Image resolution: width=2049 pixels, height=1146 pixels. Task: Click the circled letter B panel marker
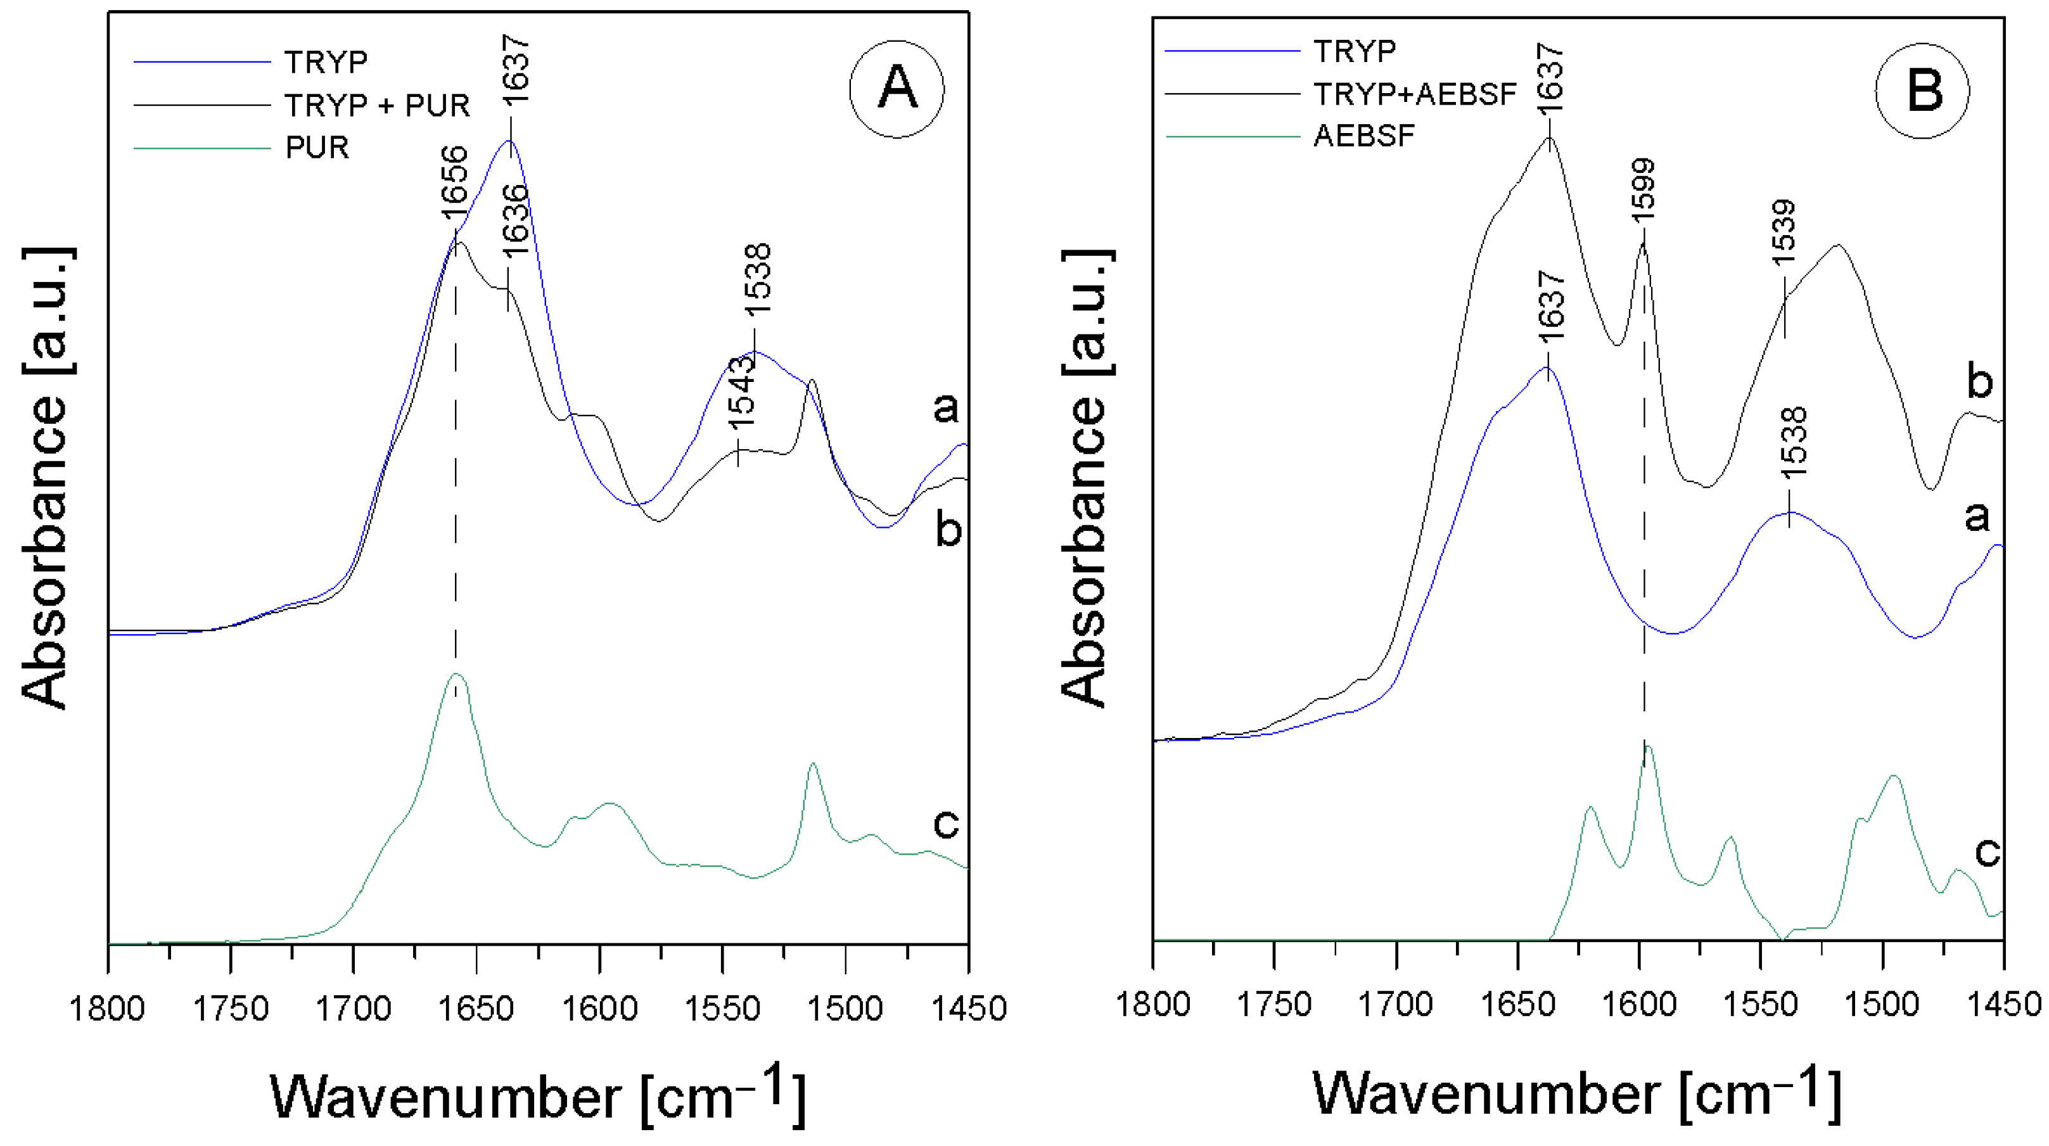click(1922, 90)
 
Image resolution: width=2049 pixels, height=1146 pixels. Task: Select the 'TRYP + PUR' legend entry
click(377, 105)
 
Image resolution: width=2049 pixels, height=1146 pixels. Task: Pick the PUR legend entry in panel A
click(317, 147)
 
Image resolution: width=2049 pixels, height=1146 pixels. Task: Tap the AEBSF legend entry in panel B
click(1364, 136)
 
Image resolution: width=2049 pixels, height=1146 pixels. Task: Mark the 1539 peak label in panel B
click(1784, 232)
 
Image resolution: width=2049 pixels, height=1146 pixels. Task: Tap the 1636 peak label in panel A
click(516, 219)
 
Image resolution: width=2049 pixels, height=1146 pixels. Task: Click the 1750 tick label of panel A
click(231, 1009)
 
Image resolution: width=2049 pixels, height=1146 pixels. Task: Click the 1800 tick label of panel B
click(1152, 1005)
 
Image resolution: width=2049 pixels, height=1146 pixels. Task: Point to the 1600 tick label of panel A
click(600, 1009)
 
